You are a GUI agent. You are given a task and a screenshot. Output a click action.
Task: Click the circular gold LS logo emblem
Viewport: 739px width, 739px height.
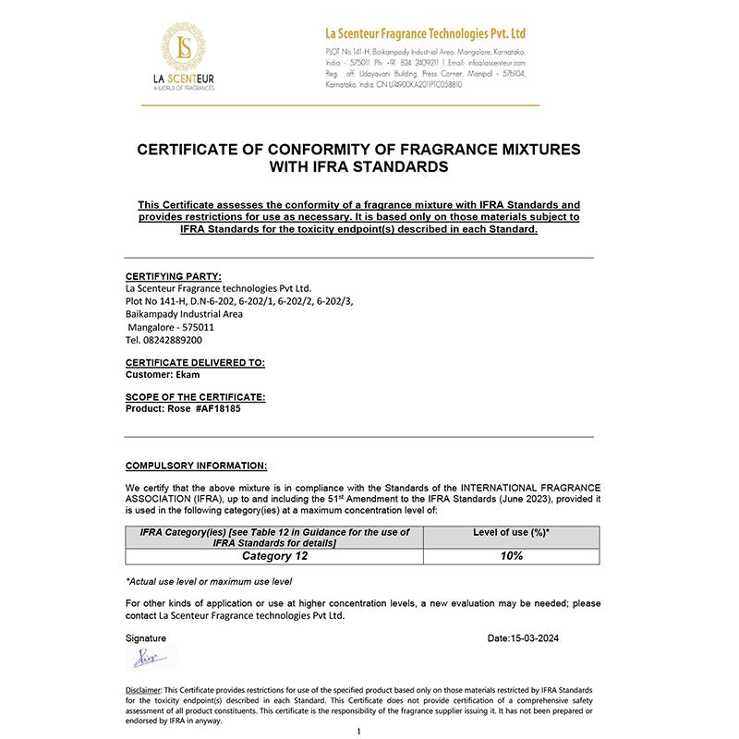(x=186, y=48)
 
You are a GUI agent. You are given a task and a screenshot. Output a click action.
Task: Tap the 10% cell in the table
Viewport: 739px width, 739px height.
(x=511, y=556)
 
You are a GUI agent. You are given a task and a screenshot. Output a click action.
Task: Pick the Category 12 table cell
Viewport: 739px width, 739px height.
(x=274, y=556)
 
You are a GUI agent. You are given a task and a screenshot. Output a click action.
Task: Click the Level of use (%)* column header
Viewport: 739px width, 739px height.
(x=511, y=532)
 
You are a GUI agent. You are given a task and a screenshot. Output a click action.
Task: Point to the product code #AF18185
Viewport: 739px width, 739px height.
(x=218, y=407)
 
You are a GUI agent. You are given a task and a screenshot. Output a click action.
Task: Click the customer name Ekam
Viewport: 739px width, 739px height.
(x=188, y=375)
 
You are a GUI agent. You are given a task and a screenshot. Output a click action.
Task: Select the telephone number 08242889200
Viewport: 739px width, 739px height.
(x=164, y=340)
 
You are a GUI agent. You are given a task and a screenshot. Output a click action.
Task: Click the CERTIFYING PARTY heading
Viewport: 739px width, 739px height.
(x=173, y=275)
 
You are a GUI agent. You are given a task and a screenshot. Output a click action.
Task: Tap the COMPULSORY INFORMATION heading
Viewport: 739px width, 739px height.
(x=196, y=466)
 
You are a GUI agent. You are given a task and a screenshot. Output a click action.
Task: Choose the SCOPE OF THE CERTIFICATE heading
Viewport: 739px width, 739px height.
(x=195, y=397)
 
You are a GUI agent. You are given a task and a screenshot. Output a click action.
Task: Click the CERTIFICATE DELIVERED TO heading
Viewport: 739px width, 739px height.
(x=195, y=364)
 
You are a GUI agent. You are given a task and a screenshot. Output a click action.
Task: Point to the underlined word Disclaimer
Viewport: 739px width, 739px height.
(x=144, y=690)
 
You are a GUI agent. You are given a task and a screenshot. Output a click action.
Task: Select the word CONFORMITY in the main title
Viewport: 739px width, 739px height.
(x=283, y=149)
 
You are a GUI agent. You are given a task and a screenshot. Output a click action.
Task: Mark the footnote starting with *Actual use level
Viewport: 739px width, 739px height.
(x=209, y=581)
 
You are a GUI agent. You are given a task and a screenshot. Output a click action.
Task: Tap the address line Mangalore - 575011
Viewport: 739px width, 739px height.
(x=171, y=327)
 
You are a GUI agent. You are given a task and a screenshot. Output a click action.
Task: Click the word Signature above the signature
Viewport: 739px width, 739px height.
(x=146, y=638)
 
